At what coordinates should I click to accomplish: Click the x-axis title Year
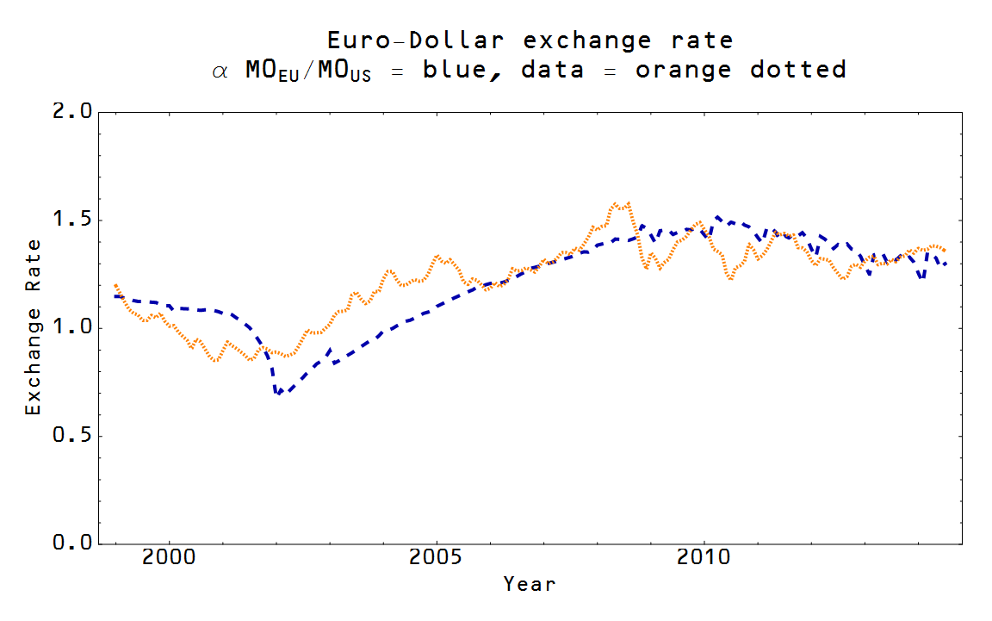click(x=530, y=585)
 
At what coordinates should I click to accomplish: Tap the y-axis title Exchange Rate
click(x=33, y=328)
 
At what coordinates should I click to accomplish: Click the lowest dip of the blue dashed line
click(x=277, y=393)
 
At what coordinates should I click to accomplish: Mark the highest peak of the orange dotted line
click(x=615, y=204)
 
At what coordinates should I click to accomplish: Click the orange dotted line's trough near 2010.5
click(x=730, y=278)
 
